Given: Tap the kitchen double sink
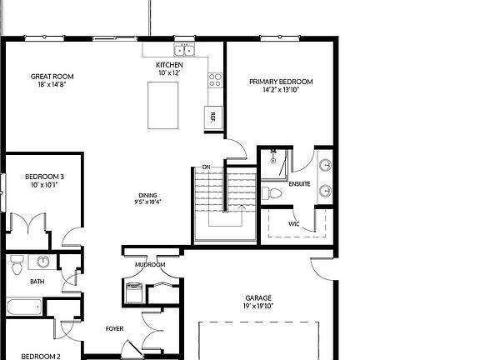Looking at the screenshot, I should pos(184,51).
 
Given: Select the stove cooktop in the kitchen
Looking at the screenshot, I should pos(214,81).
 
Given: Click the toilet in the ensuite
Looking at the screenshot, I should pos(272,193).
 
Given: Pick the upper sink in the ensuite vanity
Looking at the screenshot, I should pos(324,164).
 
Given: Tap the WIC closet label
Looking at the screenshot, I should pos(294,223).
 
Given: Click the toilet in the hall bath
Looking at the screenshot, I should pos(16,265).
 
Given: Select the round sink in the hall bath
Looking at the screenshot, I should pos(43,262).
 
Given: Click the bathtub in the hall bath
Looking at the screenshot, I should pos(22,307).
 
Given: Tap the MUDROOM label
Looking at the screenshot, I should pos(150,265).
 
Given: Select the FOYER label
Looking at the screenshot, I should pos(114,328).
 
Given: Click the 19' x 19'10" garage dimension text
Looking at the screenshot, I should pos(258,306).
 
